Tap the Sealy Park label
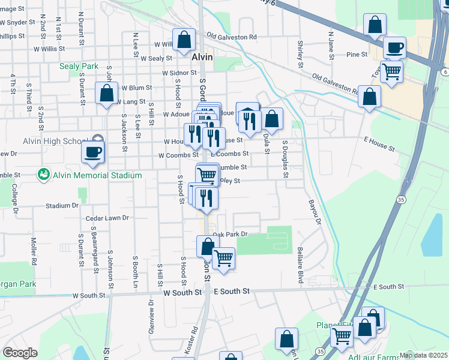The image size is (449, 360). coord(78,66)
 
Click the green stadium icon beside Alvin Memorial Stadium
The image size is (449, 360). coord(43,175)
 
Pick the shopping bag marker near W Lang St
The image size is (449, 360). coord(107,94)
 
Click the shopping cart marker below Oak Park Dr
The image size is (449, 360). coord(223,259)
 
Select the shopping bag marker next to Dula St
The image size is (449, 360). coord(271,119)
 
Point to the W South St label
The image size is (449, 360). coord(88,295)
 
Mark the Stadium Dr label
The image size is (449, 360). coord(62,205)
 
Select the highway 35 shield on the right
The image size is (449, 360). coord(400,199)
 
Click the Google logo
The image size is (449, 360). coord(20,353)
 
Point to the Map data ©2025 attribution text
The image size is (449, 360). coord(424,355)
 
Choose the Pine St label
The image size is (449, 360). coord(357,55)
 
